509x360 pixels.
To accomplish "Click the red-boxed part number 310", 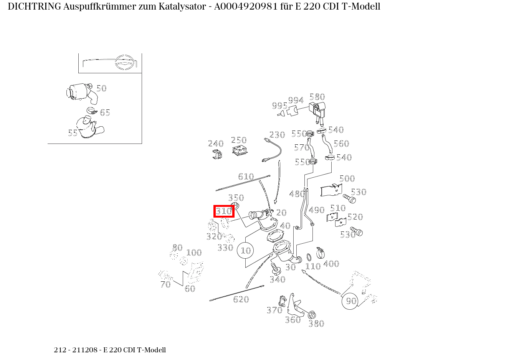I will coord(224,211).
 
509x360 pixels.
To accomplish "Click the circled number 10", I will coord(246,251).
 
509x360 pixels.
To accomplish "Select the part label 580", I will coord(317,97).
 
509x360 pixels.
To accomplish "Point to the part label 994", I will coord(296,101).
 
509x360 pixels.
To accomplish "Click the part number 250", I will coord(239,140).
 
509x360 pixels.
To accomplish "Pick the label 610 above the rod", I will coord(246,177).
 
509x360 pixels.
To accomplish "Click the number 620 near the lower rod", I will coord(241,299).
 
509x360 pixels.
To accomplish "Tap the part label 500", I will coord(347,178).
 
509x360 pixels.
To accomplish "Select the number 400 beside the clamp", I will coord(331,264).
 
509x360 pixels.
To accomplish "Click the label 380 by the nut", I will coord(316,324).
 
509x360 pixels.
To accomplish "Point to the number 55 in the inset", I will coord(73,133).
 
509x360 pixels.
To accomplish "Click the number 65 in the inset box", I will coord(105,112).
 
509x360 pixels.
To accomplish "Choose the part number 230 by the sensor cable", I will coord(277,135).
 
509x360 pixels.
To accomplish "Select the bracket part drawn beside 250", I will coord(240,150).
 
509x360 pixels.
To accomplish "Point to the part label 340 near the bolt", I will coord(277,279).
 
